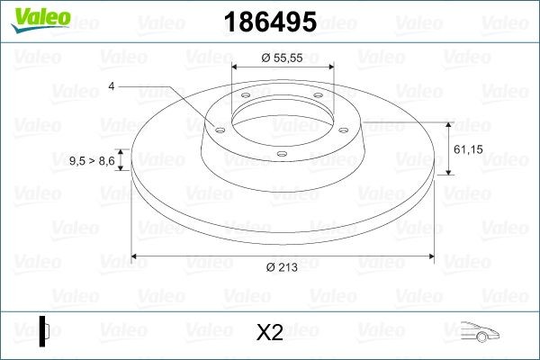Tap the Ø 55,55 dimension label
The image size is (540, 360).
(282, 57)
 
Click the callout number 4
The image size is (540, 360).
(111, 85)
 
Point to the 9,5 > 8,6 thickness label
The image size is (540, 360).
(92, 160)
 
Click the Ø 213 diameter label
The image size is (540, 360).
(283, 267)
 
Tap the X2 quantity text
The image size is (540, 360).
(270, 332)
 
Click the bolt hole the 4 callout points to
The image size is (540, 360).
(217, 128)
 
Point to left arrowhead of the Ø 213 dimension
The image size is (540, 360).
(136, 256)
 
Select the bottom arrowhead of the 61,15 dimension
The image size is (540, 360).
(448, 172)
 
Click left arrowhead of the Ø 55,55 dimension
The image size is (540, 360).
(236, 67)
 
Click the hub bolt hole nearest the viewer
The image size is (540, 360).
(281, 154)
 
